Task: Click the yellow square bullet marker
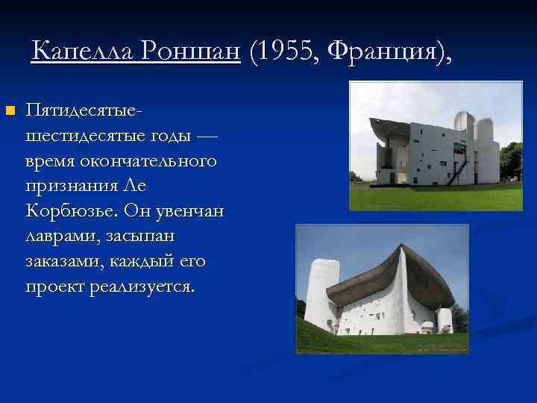[9, 111]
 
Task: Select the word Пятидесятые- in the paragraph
[84, 110]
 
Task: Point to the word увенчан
[186, 211]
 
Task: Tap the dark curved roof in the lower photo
[373, 276]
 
